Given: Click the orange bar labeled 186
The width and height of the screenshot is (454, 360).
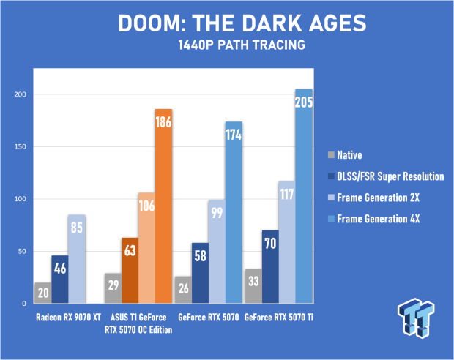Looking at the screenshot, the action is coord(163,206).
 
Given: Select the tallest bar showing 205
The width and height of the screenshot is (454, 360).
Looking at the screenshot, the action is coord(304,196).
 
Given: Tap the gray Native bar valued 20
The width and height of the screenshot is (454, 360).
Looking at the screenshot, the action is coord(43,293).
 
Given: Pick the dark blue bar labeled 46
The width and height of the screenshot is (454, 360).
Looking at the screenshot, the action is coord(60,280).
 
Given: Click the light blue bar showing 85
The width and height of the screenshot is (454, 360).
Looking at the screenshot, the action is coord(77,259).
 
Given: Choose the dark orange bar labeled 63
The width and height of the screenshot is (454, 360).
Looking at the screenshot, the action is coord(130,271).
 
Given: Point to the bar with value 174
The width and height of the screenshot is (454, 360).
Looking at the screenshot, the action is coord(234,212).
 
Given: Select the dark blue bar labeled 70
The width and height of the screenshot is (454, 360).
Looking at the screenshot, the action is coord(270,267).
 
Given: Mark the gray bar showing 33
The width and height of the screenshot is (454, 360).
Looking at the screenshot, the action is coord(253,286).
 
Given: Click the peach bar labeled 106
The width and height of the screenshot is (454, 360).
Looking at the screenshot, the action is coord(146,248).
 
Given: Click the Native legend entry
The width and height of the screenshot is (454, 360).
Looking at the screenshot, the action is coord(345,155).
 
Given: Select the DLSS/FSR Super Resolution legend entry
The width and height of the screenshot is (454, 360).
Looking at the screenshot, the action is coord(386,176).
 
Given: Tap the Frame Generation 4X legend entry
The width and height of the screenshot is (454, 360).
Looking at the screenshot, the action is coord(373,219).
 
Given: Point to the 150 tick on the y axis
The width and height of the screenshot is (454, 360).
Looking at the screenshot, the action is coord(20,147).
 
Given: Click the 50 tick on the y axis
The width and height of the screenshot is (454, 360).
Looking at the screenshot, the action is coord(22,252).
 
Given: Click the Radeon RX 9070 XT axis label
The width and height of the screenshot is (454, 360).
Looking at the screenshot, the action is coord(68,318).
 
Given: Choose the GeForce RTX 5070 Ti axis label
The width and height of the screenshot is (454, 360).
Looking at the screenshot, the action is coord(279,318).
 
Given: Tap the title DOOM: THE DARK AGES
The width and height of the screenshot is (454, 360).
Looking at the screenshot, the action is coord(242,23).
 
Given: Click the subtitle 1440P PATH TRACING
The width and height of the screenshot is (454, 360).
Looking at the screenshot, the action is coord(242,45).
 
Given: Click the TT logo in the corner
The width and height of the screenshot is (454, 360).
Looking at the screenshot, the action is coord(416,318).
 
